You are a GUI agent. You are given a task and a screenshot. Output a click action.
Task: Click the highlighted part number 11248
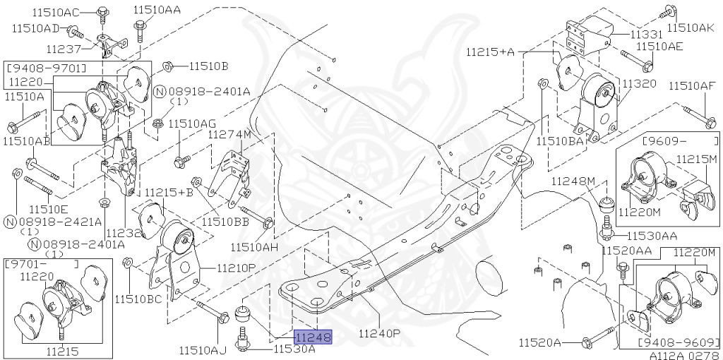[313, 338]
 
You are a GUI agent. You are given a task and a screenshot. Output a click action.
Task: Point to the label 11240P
[379, 333]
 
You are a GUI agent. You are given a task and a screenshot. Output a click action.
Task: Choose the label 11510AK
[691, 28]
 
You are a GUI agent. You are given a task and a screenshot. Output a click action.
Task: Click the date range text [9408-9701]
[46, 68]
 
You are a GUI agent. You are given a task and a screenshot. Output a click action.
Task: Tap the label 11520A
[539, 343]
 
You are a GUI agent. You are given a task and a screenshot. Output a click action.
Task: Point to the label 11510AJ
[203, 349]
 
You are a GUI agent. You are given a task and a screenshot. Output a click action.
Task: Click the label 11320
[639, 83]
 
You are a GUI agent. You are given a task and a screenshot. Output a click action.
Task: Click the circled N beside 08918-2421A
[10, 222]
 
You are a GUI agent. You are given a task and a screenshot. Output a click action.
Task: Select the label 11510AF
[691, 87]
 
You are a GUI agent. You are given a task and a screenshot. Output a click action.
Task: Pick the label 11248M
[573, 181]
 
